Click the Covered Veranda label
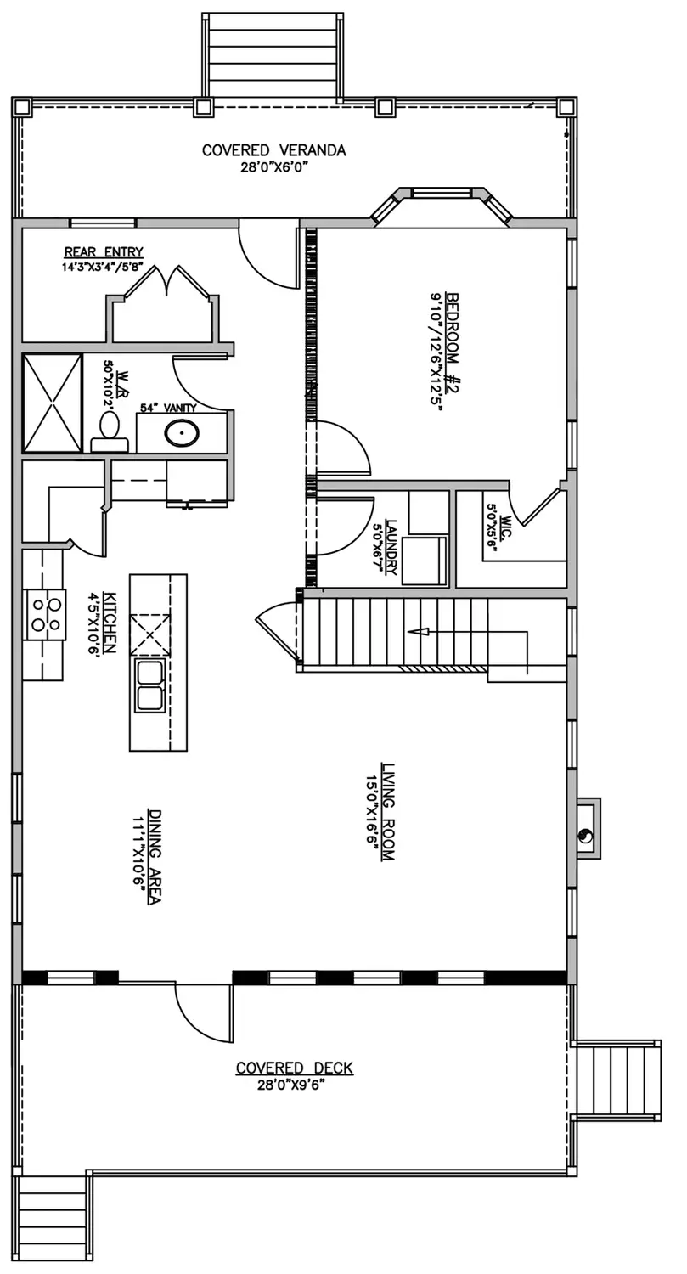pos(273,150)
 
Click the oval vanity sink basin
pos(182,434)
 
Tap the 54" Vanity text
pos(168,408)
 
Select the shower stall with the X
pos(52,403)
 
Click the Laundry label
pos(391,547)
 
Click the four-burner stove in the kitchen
pos(45,614)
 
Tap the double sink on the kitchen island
pos(149,685)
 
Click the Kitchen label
pos(110,623)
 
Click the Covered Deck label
pos(295,1068)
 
